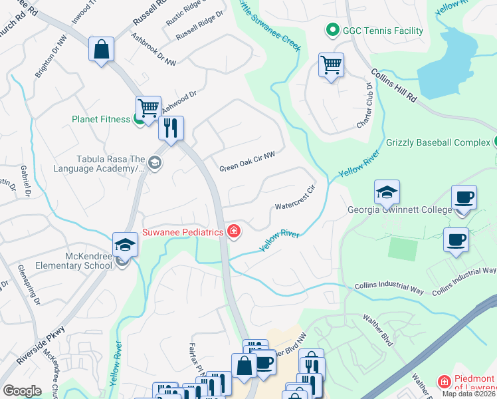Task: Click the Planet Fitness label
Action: click(102, 120)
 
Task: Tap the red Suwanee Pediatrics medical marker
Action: click(233, 232)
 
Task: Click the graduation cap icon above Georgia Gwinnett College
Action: click(387, 192)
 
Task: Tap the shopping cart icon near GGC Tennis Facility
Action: click(331, 65)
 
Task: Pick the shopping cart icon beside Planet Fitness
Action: click(149, 107)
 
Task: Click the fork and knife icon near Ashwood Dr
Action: click(171, 128)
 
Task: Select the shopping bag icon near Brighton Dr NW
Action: click(101, 49)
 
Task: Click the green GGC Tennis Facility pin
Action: click(331, 31)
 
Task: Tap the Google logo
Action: click(22, 390)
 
